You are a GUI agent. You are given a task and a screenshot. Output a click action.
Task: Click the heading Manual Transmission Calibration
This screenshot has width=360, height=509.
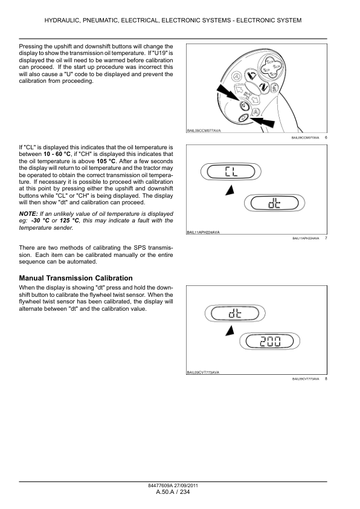pyautogui.click(x=80, y=277)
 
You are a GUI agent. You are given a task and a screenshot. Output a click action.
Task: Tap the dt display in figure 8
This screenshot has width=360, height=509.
pyautogui.click(x=233, y=314)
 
